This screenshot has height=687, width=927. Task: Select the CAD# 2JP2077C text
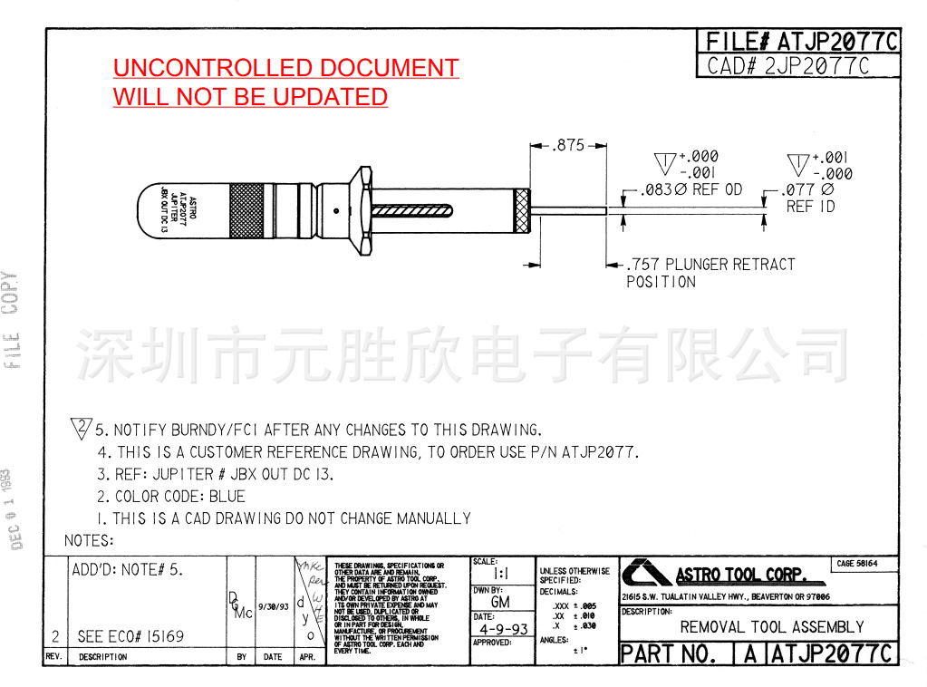(788, 66)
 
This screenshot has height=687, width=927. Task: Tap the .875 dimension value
(568, 145)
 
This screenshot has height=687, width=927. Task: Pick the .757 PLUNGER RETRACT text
(710, 265)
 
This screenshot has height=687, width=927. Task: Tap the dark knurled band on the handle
(246, 210)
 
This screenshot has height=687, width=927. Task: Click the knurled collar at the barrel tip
(523, 210)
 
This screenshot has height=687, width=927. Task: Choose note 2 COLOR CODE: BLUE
(171, 497)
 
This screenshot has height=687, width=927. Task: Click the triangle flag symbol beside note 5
(82, 428)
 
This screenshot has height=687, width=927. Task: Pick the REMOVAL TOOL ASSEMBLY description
(771, 627)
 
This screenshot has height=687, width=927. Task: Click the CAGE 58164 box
(856, 564)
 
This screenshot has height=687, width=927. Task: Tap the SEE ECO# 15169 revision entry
(130, 636)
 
